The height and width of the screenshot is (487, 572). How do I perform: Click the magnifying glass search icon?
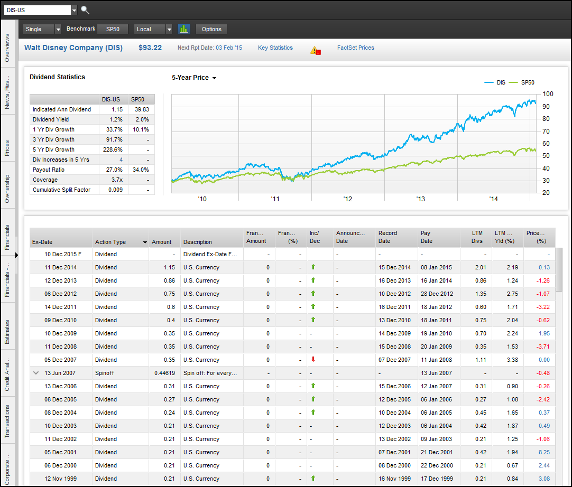[x=85, y=10]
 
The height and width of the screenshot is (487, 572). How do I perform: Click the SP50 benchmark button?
[x=113, y=29]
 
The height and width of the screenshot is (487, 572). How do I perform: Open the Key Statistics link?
[x=275, y=48]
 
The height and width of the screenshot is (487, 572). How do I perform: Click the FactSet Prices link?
[x=355, y=48]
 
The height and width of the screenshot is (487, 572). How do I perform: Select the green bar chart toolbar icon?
[x=184, y=29]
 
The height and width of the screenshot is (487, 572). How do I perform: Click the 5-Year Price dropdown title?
[x=194, y=78]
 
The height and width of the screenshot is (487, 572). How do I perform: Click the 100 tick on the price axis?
[x=548, y=94]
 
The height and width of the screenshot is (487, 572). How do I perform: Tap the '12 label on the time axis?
[x=347, y=199]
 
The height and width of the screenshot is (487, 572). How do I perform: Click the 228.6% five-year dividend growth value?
[x=114, y=149]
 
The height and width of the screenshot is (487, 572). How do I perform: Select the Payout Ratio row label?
[x=49, y=170]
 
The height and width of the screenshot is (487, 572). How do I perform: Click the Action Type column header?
[x=110, y=242]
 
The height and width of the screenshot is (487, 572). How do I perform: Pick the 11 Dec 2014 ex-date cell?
[x=60, y=267]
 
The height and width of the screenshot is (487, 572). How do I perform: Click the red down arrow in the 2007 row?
[x=313, y=360]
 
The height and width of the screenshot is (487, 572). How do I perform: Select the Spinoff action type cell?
[x=105, y=373]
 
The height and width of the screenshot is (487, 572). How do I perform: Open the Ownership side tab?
[x=7, y=189]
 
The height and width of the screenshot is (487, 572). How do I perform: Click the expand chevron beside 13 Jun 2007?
[x=36, y=373]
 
